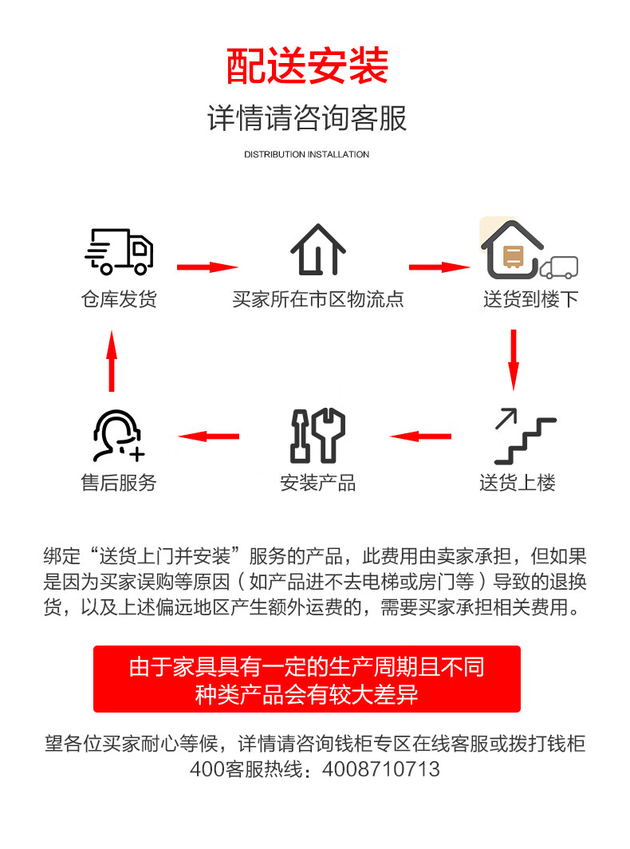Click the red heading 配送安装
coord(307,66)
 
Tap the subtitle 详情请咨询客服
coord(307,117)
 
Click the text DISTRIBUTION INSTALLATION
coord(306,154)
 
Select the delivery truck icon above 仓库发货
coord(119,251)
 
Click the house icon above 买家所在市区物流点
coord(318,250)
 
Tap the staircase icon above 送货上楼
coord(525,436)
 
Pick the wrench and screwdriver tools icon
coord(318,436)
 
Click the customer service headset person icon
coord(119,436)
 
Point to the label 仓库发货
coord(119,299)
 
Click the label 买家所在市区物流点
coord(318,299)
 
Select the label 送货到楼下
coord(531,299)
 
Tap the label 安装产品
coord(318,483)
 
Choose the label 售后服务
coord(119,483)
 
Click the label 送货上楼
coord(518,483)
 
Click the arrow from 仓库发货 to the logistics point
coord(208,267)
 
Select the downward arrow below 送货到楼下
coord(514,360)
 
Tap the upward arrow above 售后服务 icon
coord(112,361)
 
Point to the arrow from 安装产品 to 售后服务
coord(208,436)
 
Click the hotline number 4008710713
coord(381,769)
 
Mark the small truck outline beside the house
coord(559,267)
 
